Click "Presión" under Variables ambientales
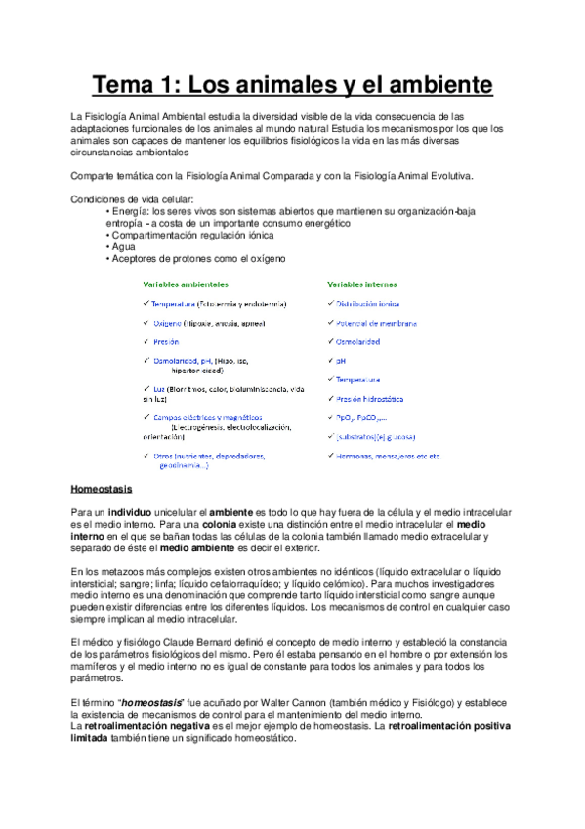click(167, 341)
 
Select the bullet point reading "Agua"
click(126, 247)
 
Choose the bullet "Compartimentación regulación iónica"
click(193, 236)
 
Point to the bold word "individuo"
click(130, 511)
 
